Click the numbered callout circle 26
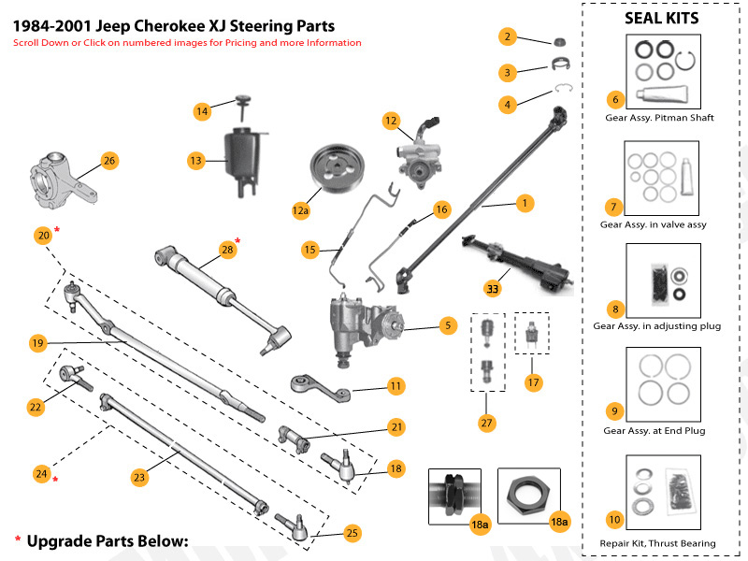(x=108, y=161)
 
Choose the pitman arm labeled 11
(x=318, y=389)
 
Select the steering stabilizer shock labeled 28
(x=220, y=284)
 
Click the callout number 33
(x=491, y=287)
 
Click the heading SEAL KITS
(x=661, y=19)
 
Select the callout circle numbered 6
(x=614, y=98)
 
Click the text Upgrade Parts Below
(x=108, y=541)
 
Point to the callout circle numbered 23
(x=139, y=477)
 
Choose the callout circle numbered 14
(x=202, y=111)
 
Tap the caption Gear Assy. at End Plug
(x=654, y=431)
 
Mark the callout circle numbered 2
(x=507, y=37)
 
